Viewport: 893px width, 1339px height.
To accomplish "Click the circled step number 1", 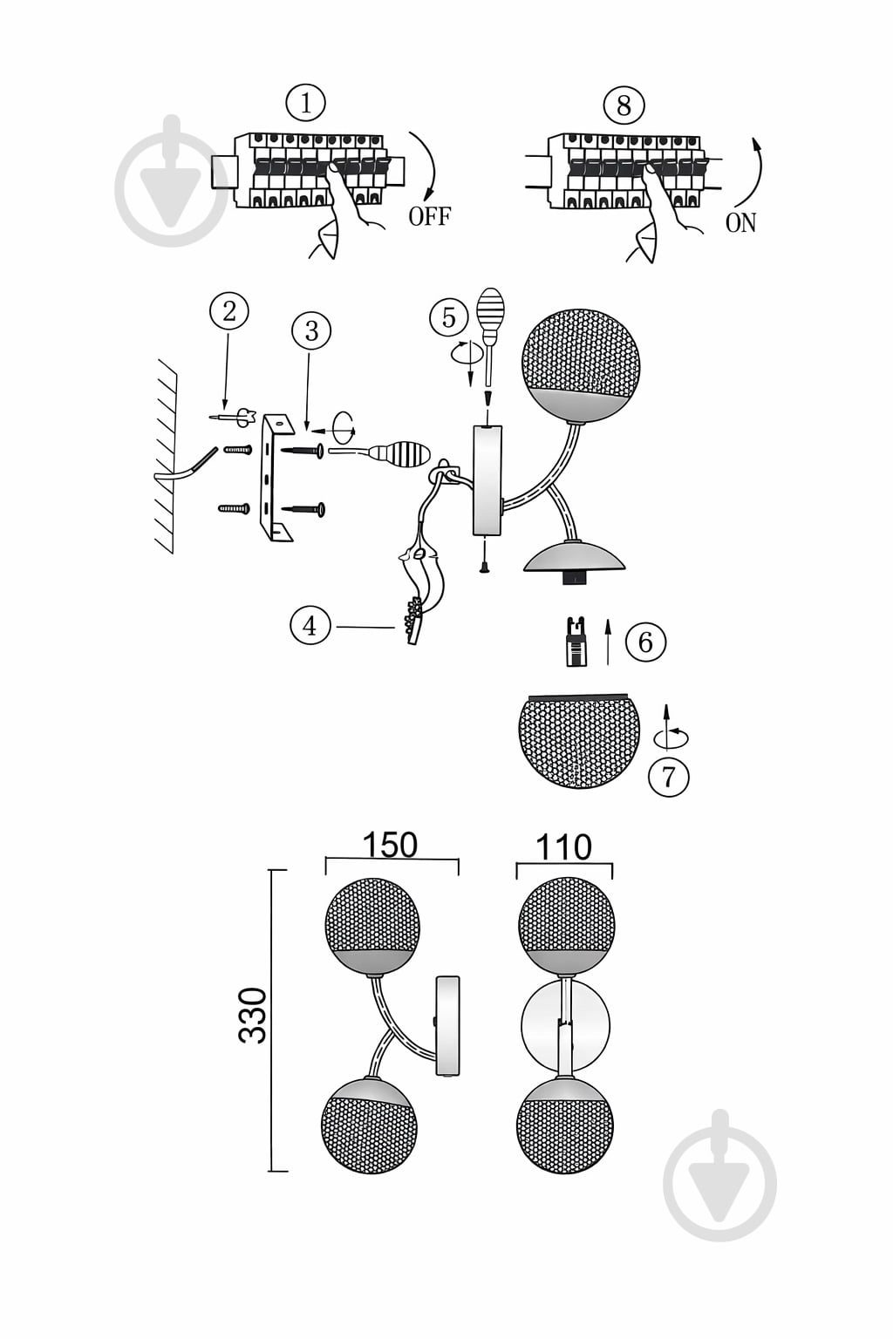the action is (x=305, y=104).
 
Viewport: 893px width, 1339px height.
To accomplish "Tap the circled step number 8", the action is (x=624, y=106).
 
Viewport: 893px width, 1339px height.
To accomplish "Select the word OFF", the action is (x=429, y=216).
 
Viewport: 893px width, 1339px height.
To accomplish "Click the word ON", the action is (x=740, y=223).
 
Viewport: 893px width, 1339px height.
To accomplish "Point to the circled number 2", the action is (x=229, y=311).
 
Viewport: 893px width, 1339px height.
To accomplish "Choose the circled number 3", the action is (x=311, y=330).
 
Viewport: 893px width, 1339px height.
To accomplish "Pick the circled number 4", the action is (x=310, y=626).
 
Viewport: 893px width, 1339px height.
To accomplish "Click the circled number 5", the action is (x=449, y=317).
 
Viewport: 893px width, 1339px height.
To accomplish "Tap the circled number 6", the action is (x=645, y=642).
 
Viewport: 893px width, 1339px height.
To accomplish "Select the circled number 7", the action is (x=669, y=777).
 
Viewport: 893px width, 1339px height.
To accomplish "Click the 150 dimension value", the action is (x=390, y=845).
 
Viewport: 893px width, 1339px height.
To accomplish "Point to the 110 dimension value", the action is (x=563, y=847).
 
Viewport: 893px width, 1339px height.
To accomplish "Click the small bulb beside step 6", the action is (x=576, y=642).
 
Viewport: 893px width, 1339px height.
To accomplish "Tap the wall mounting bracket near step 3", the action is (x=276, y=477).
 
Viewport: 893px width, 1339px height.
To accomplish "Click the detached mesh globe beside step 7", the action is (x=579, y=740).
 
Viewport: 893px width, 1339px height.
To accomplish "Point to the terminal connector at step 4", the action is (x=414, y=619).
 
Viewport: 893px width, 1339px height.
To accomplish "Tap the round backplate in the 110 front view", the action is (x=565, y=1023).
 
